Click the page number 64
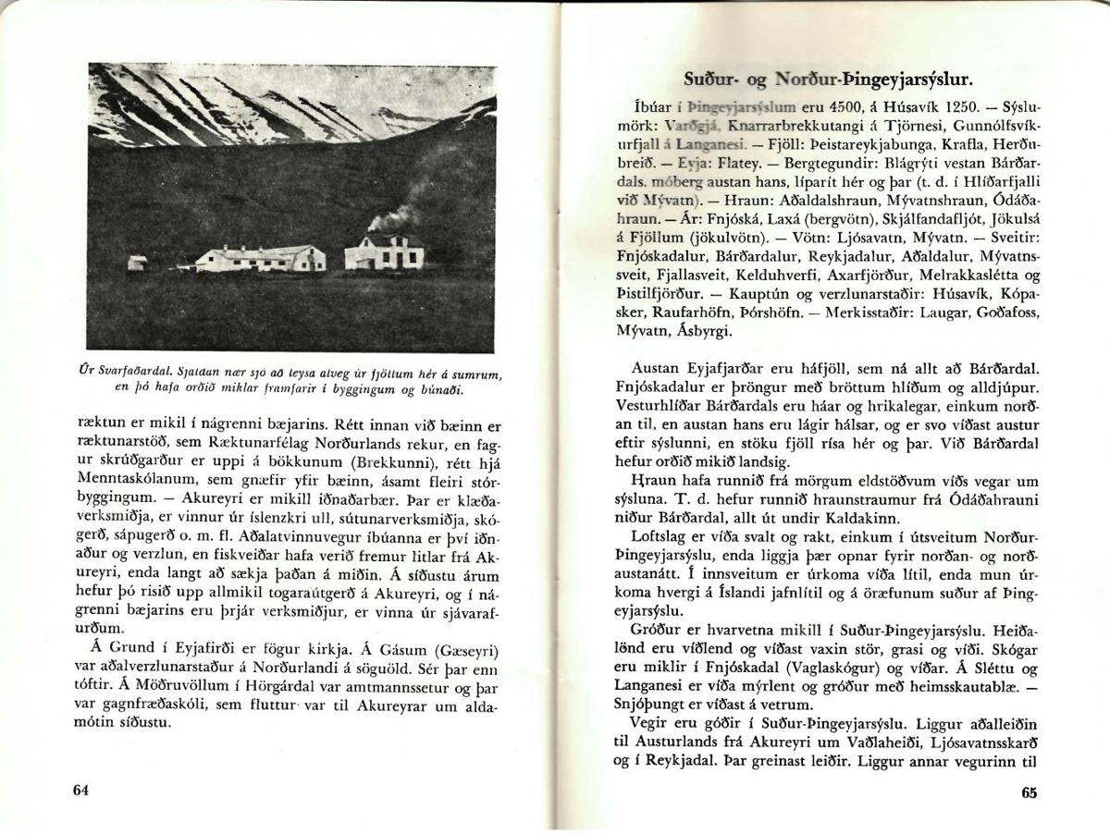[80, 790]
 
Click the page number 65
[1030, 792]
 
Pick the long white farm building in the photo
[261, 258]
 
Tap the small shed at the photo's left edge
[137, 264]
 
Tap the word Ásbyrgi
[704, 328]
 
